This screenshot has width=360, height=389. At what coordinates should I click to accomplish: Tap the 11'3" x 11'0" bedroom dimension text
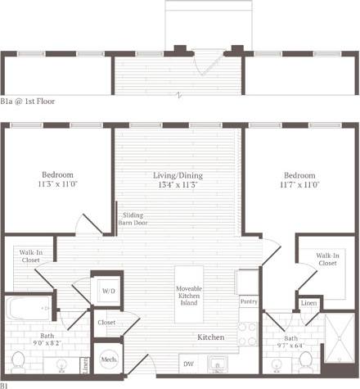click(x=58, y=185)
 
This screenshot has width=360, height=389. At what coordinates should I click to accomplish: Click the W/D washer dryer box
click(x=108, y=291)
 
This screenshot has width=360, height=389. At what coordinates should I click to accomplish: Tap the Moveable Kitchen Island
click(x=189, y=294)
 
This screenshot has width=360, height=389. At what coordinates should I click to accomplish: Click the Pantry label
click(x=249, y=301)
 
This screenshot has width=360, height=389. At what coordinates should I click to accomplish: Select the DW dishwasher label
click(x=188, y=364)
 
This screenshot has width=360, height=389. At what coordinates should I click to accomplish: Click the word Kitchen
click(x=212, y=337)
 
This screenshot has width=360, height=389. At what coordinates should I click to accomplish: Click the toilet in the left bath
click(x=18, y=360)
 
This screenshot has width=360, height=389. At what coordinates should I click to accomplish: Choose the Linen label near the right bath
click(x=308, y=304)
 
